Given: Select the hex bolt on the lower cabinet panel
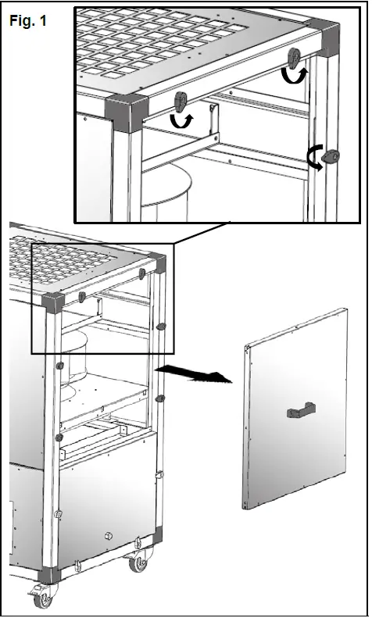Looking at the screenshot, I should pos(107,536).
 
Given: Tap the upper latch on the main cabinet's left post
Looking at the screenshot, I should pos(59,366).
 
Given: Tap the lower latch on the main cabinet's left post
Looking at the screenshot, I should pos(58,437).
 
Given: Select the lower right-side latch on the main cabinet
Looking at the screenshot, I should pos(159,398).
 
